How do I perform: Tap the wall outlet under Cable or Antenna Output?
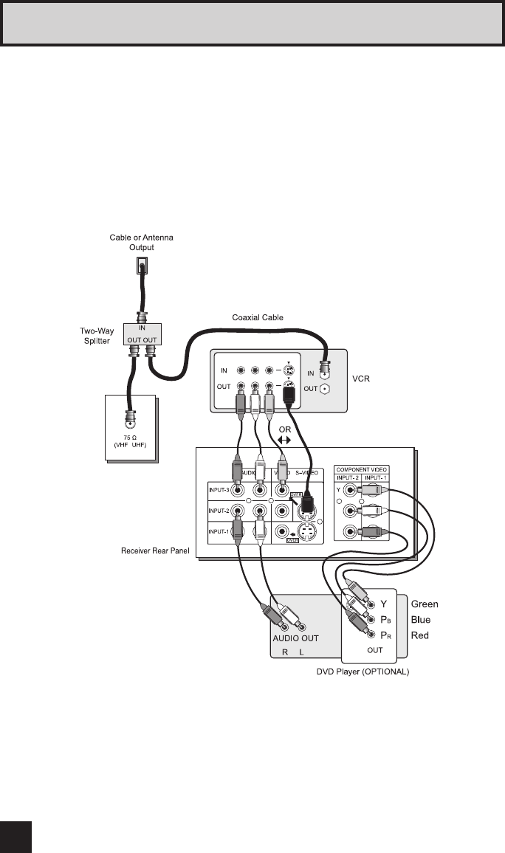(140, 265)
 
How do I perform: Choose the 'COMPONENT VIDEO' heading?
(362, 469)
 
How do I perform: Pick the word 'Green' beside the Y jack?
(425, 604)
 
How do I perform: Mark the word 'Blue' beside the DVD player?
(421, 620)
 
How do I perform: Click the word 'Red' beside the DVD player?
(419, 635)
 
